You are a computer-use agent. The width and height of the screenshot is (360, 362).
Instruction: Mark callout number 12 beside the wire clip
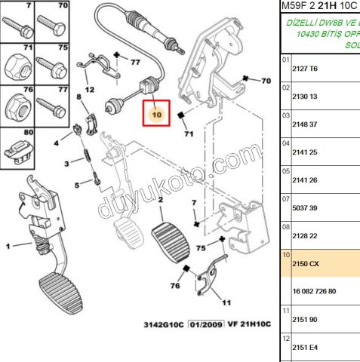89,90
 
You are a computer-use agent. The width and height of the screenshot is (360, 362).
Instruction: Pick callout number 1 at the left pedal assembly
8,246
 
